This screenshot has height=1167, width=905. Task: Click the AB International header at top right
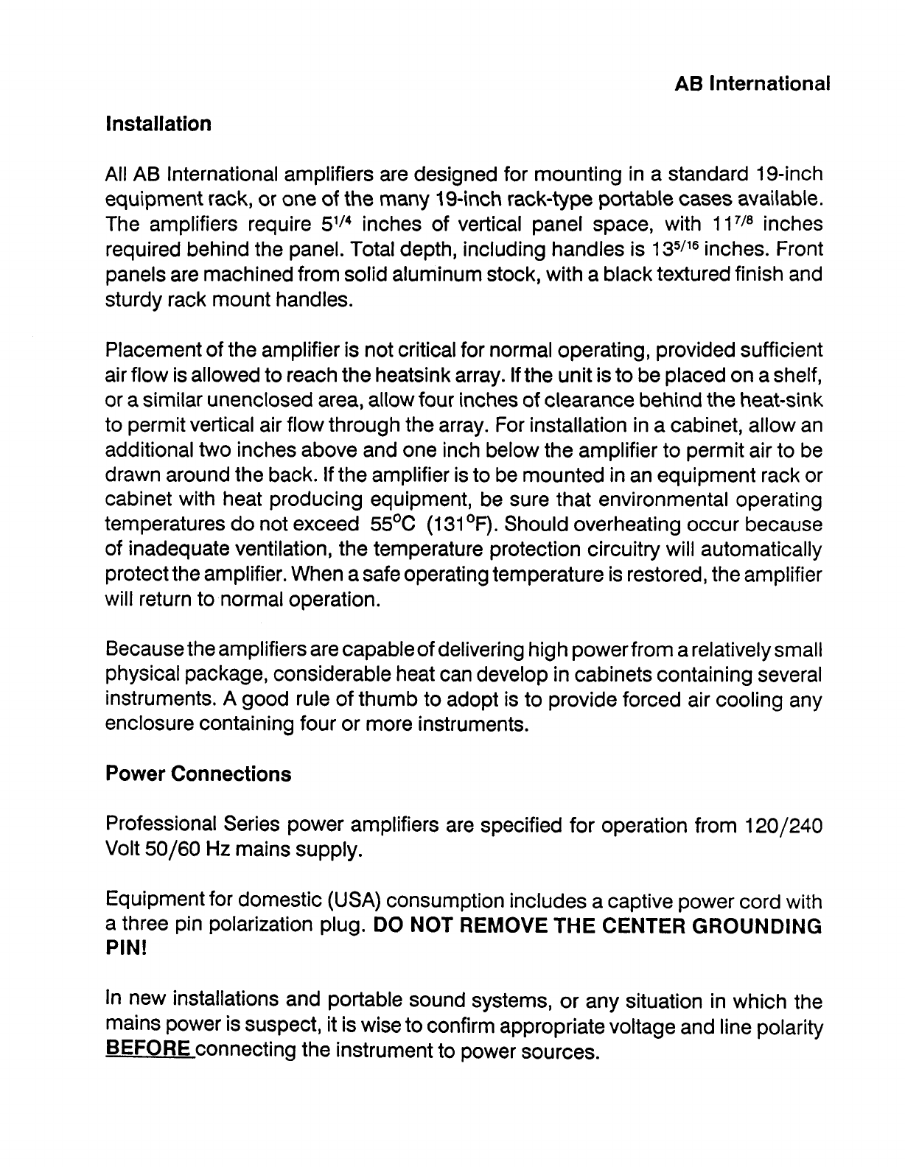click(x=752, y=83)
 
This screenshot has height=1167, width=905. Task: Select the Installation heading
click(x=158, y=123)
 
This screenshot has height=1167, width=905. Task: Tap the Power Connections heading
click(x=198, y=774)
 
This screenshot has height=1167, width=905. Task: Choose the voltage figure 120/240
click(x=779, y=826)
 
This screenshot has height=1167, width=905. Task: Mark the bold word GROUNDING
click(x=753, y=926)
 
